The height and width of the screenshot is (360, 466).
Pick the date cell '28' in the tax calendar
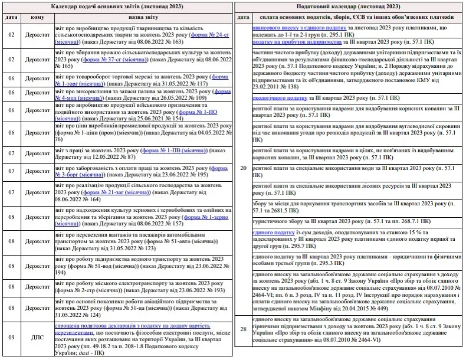click(x=243, y=329)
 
